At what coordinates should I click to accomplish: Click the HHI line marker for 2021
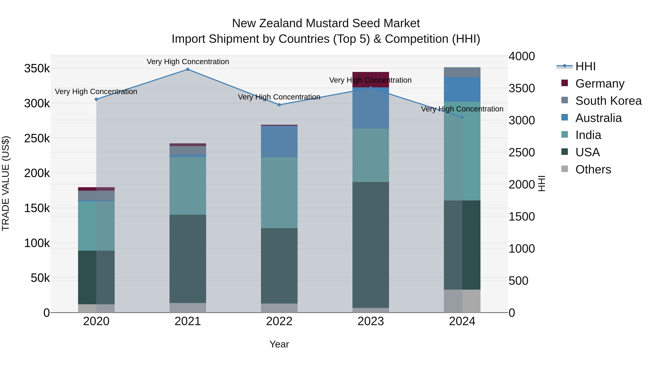tap(188, 69)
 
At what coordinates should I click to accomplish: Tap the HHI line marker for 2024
tap(462, 117)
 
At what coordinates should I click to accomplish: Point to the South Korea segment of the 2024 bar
tap(462, 72)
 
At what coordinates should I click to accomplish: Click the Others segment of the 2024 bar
tap(462, 301)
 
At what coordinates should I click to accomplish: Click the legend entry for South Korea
tap(609, 101)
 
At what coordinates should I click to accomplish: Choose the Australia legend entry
tap(598, 118)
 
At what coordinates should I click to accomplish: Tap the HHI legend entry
tap(585, 66)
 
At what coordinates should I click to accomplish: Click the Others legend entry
tap(593, 169)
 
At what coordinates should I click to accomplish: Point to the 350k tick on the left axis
tap(37, 68)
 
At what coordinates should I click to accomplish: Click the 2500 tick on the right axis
tap(522, 152)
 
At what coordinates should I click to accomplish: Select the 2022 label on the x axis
tap(279, 321)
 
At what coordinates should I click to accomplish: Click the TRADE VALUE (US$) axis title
tap(6, 183)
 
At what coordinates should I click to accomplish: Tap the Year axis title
tap(279, 344)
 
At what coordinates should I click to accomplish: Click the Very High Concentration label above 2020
tap(96, 92)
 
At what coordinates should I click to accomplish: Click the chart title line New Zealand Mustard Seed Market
tap(326, 23)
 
